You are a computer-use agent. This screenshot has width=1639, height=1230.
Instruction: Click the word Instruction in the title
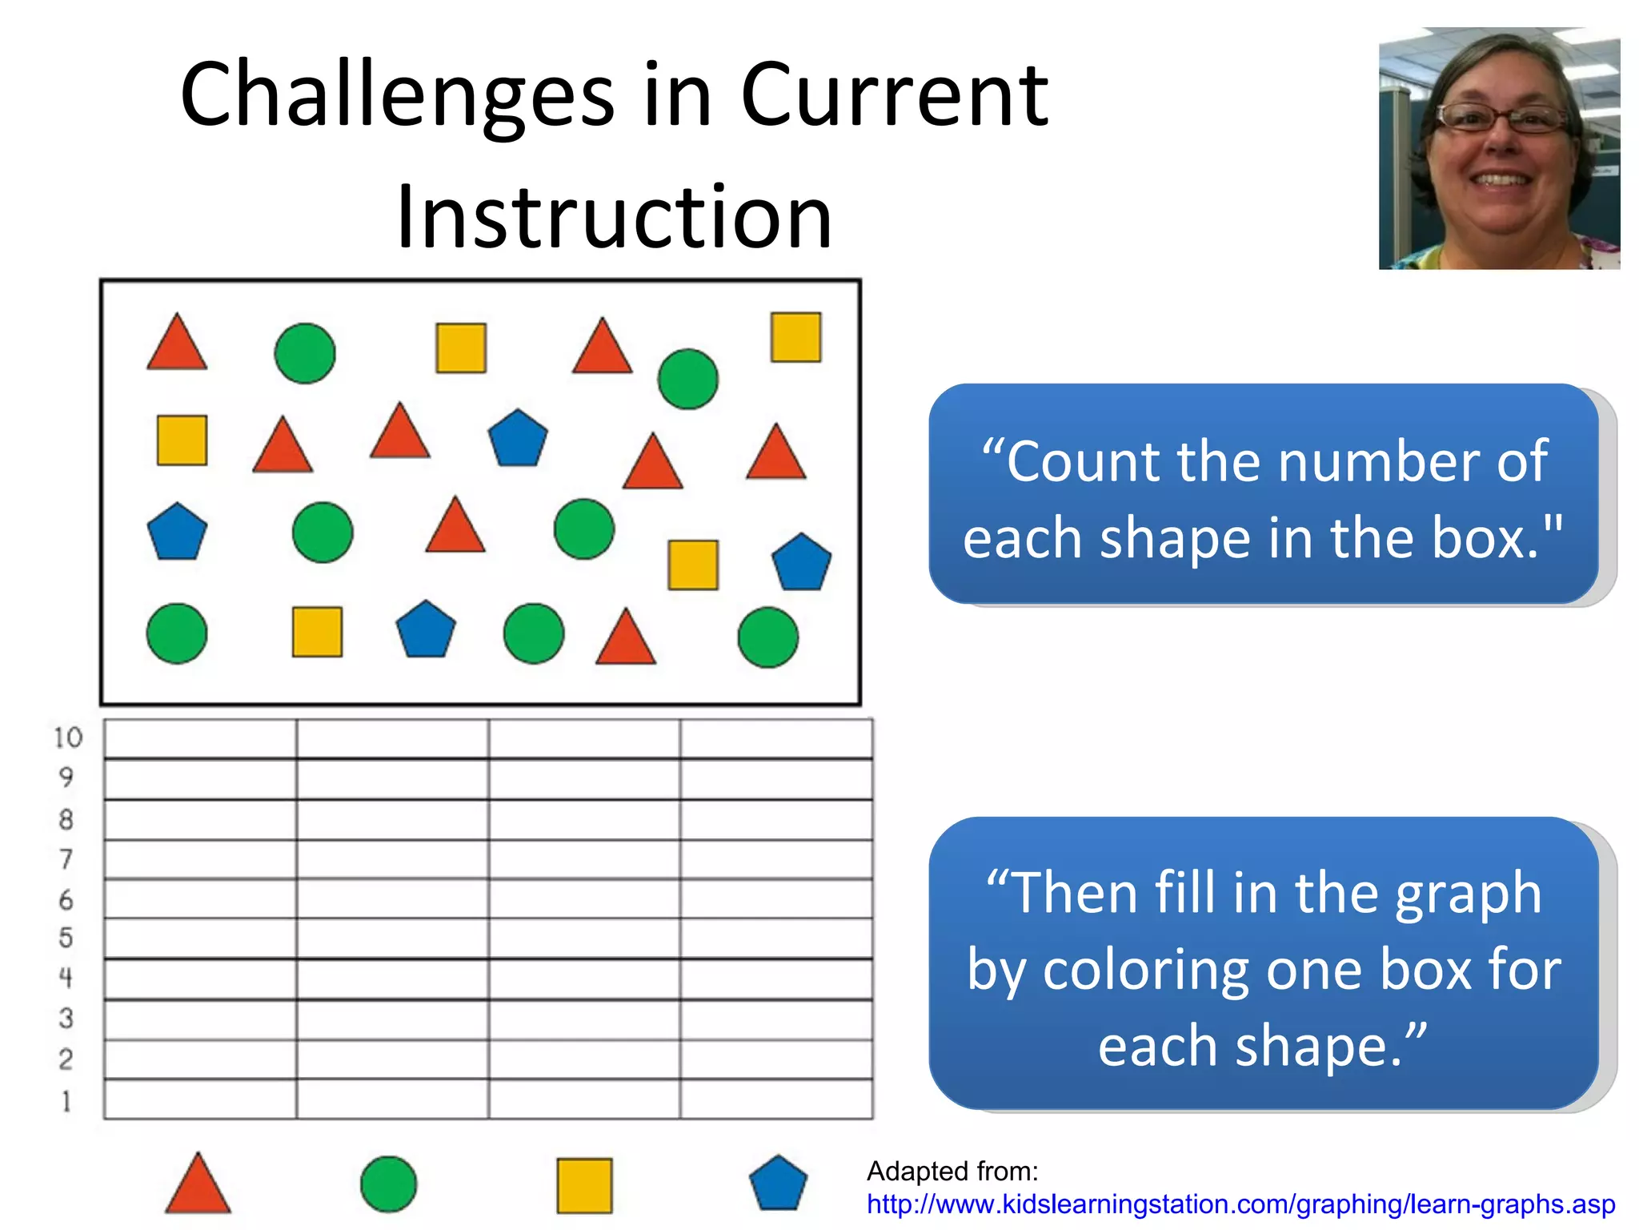(x=614, y=217)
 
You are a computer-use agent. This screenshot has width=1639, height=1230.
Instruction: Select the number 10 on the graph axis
(x=68, y=738)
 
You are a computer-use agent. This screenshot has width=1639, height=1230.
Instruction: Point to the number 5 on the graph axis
(x=66, y=938)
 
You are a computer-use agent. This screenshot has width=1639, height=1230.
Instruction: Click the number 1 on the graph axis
(x=66, y=1102)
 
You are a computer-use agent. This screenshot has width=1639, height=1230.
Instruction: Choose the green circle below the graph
(x=388, y=1184)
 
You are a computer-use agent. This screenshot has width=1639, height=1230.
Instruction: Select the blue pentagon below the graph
(x=778, y=1183)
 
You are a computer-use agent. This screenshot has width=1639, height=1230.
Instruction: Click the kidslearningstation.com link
(x=1240, y=1204)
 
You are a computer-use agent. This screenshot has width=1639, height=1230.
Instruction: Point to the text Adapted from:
(x=952, y=1172)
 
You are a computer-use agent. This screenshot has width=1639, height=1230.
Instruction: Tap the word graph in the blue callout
(x=1468, y=894)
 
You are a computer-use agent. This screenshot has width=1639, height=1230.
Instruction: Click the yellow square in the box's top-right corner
(x=795, y=337)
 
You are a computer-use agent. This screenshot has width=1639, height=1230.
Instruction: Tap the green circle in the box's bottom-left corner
(x=177, y=633)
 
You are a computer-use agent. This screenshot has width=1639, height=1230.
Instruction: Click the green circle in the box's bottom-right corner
(x=767, y=637)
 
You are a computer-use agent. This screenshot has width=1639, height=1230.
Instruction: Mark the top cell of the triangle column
(x=200, y=739)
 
